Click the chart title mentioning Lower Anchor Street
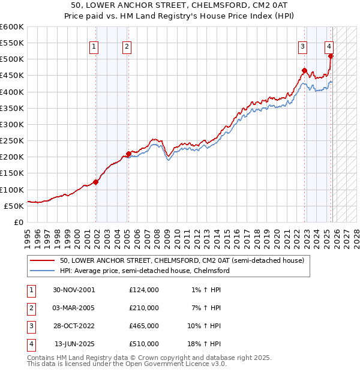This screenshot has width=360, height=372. pyautogui.click(x=179, y=5)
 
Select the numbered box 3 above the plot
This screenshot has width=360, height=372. pyautogui.click(x=304, y=46)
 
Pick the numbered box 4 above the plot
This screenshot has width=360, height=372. pyautogui.click(x=329, y=46)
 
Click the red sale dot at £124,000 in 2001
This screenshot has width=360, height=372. pyautogui.click(x=96, y=182)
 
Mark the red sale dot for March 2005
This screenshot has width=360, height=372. pyautogui.click(x=128, y=154)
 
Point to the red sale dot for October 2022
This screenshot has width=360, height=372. pyautogui.click(x=304, y=71)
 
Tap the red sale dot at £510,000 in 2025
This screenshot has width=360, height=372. pyautogui.click(x=331, y=56)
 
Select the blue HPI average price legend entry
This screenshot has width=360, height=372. pyautogui.click(x=145, y=271)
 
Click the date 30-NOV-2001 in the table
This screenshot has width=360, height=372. pyautogui.click(x=74, y=290)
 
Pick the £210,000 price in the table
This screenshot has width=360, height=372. pyautogui.click(x=144, y=308)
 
